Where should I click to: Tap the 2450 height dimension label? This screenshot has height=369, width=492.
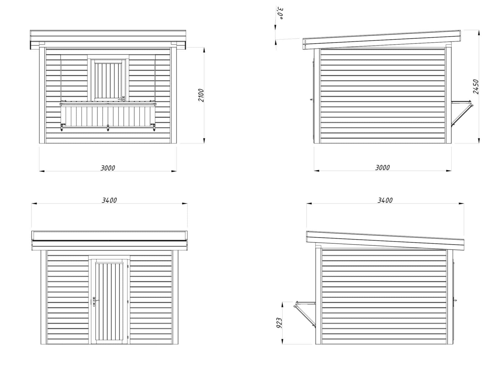click(x=476, y=86)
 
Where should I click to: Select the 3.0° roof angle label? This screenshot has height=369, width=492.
click(x=280, y=14)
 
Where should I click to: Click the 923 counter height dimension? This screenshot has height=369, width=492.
click(x=279, y=323)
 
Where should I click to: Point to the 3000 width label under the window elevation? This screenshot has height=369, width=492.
click(x=108, y=168)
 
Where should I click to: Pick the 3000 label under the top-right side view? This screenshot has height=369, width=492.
click(x=382, y=168)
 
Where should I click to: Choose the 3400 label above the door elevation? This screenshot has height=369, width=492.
click(x=109, y=200)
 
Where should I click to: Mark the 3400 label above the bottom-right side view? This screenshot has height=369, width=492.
click(x=385, y=200)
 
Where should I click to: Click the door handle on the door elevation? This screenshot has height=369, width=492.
click(x=95, y=301)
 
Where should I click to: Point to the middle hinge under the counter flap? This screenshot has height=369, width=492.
click(x=108, y=127)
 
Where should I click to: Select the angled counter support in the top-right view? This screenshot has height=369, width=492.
click(x=462, y=114)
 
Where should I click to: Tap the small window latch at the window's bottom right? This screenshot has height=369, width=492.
click(x=123, y=98)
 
